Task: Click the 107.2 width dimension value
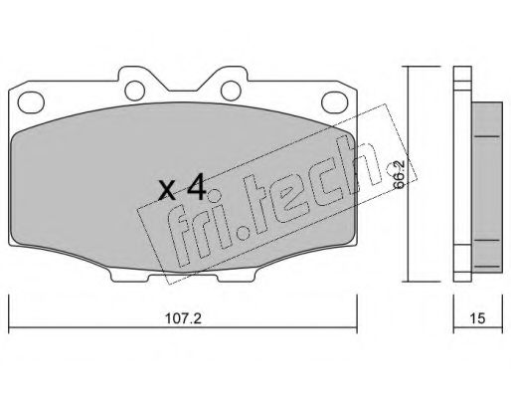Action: (x=183, y=318)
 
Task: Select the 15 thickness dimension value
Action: (x=477, y=318)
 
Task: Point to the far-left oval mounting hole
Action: (x=31, y=102)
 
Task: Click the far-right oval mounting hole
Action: (x=335, y=102)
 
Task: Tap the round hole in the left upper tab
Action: (x=135, y=91)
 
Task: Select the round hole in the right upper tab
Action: (x=231, y=91)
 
